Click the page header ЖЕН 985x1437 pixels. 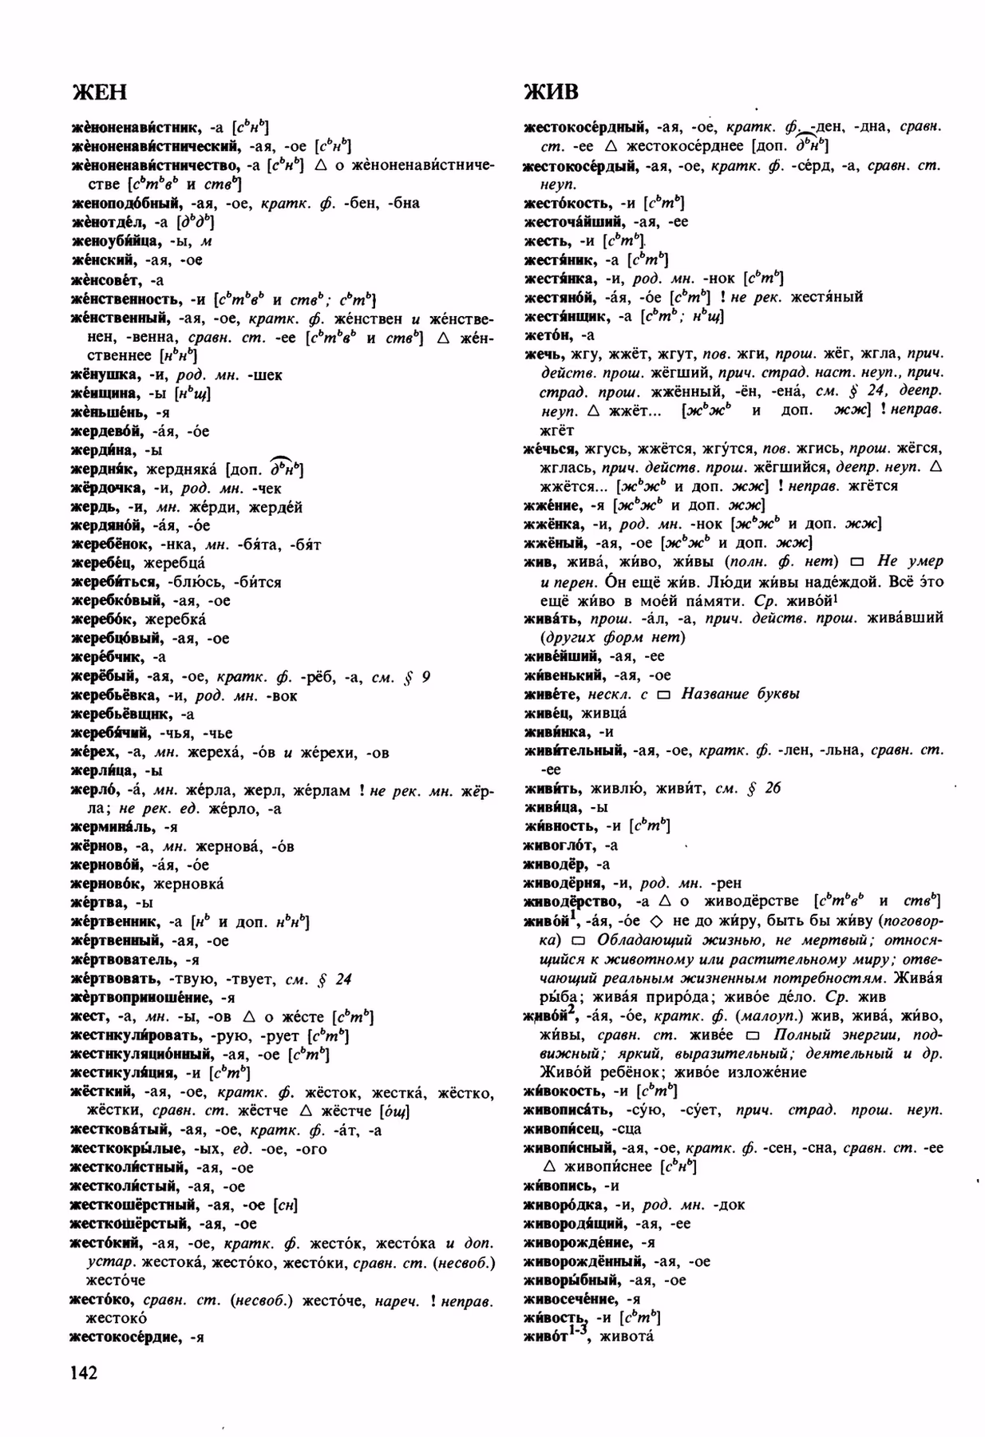pyautogui.click(x=99, y=92)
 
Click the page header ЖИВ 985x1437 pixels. pyautogui.click(x=551, y=92)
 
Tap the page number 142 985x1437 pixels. pyautogui.click(x=84, y=1372)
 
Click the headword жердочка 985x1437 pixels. pyautogui.click(x=108, y=488)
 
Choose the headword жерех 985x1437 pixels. pyautogui.click(x=94, y=752)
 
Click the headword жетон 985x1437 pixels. pyautogui.click(x=545, y=335)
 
